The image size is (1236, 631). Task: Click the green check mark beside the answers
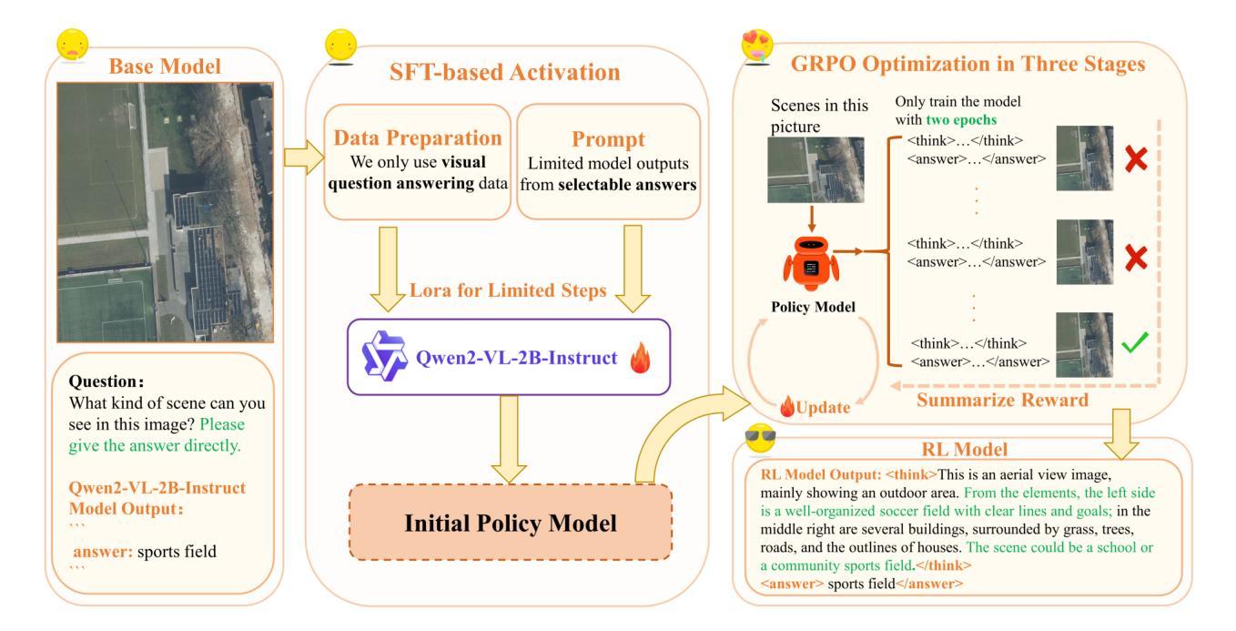pos(1134,342)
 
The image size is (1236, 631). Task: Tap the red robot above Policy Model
pos(811,263)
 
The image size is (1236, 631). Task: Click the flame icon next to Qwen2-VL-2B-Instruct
pos(641,358)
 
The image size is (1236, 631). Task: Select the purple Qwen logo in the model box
pos(385,356)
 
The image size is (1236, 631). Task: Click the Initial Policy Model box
pos(511,523)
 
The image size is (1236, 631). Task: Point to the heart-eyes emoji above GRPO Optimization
pos(757,46)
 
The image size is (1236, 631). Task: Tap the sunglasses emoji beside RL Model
pos(760,438)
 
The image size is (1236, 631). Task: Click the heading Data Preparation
pos(418,138)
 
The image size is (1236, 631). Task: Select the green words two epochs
pos(961,120)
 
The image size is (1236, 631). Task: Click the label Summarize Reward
pos(1003,400)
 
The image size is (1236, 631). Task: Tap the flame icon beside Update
pos(787,407)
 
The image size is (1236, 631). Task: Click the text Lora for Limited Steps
pos(508,290)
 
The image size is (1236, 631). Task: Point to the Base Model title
pos(165,66)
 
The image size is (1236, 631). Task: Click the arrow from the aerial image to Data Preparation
pos(304,158)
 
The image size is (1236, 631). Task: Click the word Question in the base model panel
pos(104,382)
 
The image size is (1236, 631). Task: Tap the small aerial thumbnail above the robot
pos(816,169)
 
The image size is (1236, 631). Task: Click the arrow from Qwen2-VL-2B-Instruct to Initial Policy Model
pos(509,440)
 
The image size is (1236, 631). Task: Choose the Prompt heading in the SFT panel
pos(608,139)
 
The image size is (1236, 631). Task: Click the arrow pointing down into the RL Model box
pos(1120,434)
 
